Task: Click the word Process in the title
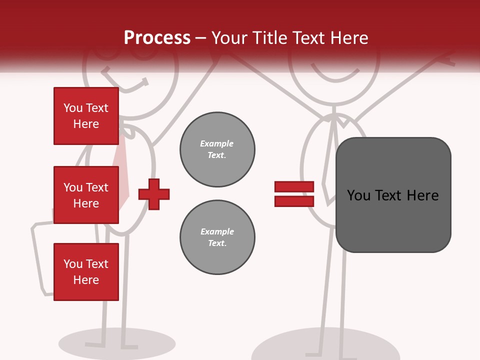coord(157,38)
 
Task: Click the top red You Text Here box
coord(86,116)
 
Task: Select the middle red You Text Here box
coord(86,195)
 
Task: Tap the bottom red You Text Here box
coord(86,272)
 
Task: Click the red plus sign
coord(154,194)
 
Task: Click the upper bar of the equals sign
coord(294,186)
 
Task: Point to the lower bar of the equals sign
coord(294,201)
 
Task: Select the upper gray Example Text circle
coord(217,149)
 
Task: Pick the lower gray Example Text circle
coord(217,237)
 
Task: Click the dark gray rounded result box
coord(393,195)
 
